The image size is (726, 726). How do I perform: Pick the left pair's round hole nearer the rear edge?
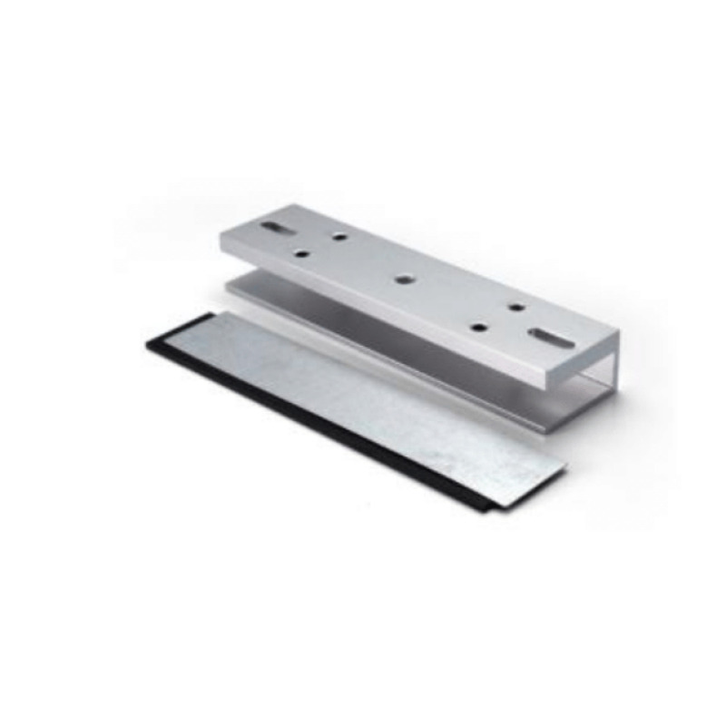(339, 238)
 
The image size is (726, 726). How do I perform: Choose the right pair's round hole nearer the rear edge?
(515, 307)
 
